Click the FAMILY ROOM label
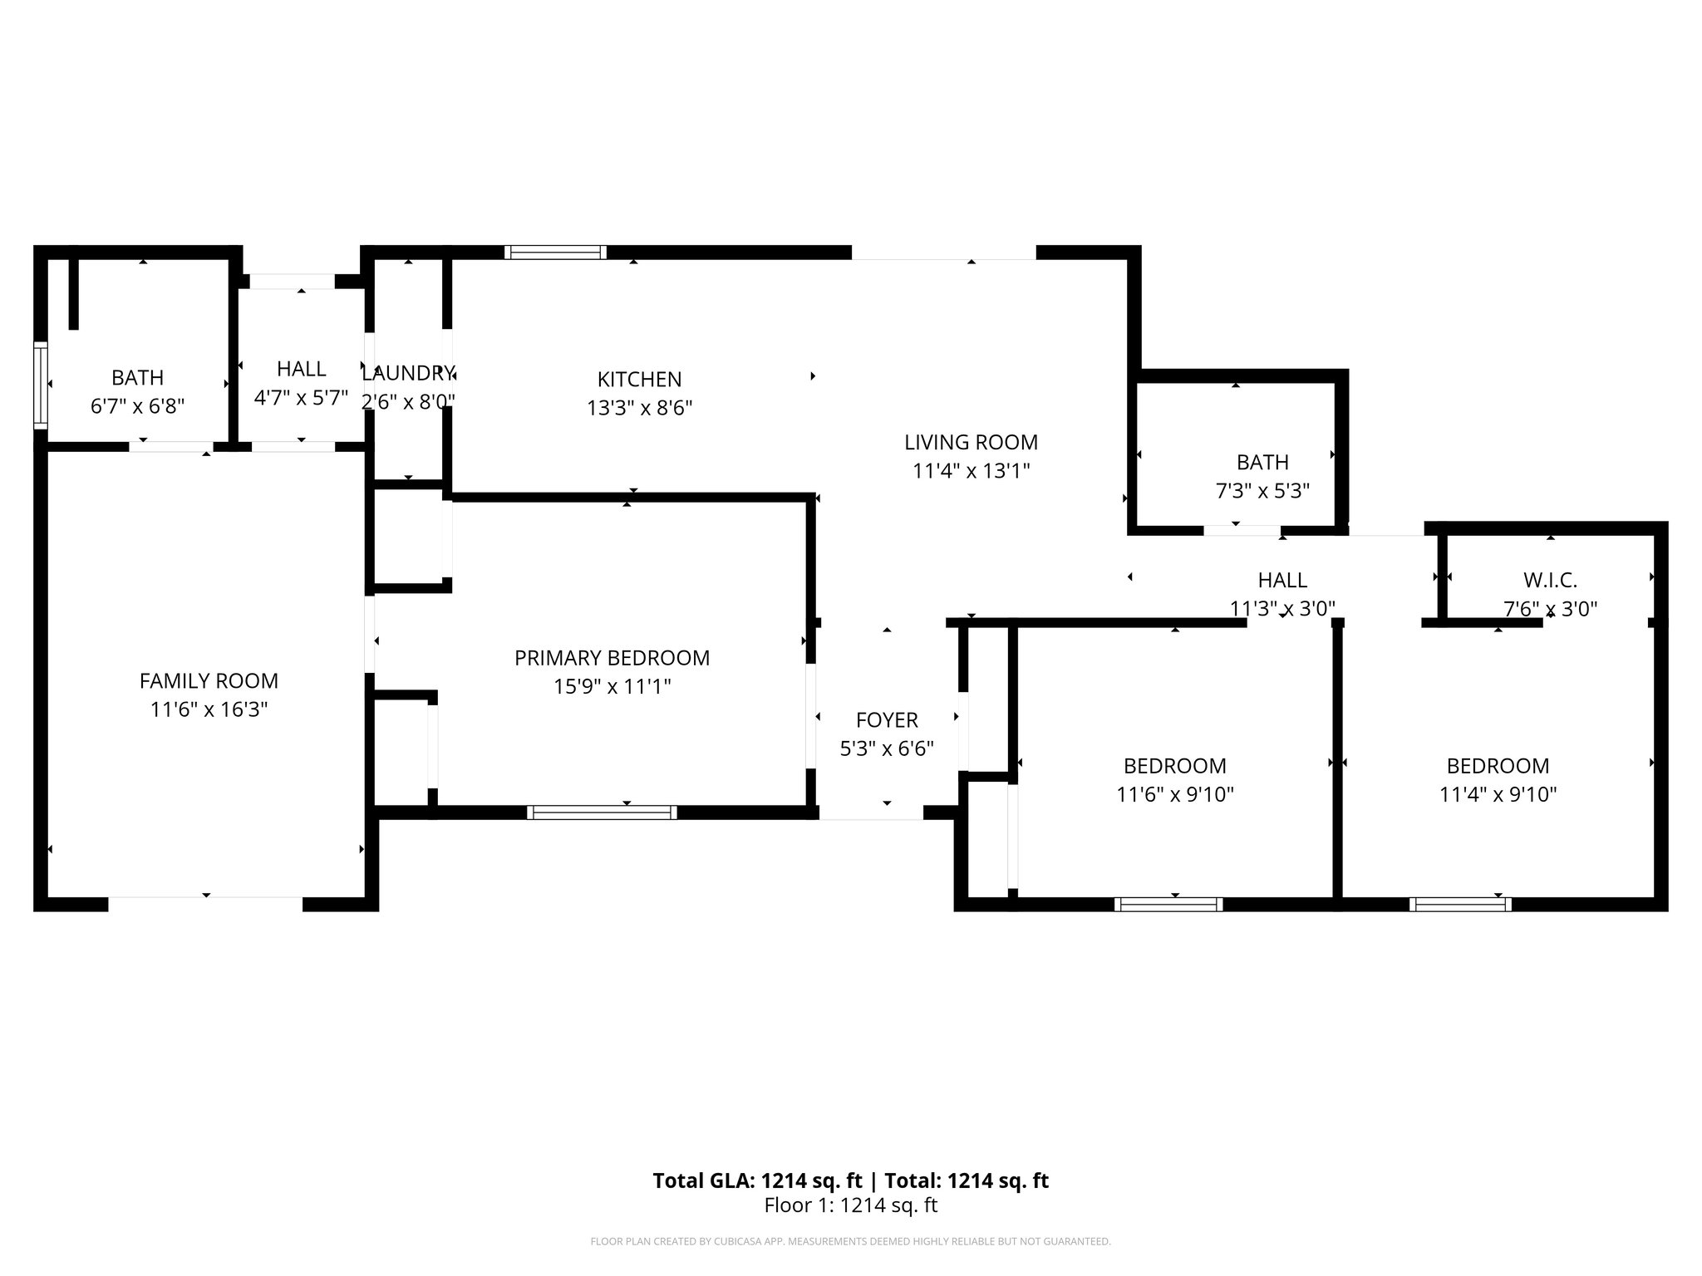click(209, 681)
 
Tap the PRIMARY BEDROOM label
click(612, 658)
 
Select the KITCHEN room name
click(639, 380)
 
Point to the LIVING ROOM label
click(971, 442)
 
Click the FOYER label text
click(887, 720)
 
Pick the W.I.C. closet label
click(1550, 580)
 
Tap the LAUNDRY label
click(407, 373)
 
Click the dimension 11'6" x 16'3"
click(209, 709)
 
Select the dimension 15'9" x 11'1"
click(612, 687)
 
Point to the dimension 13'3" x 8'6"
click(639, 408)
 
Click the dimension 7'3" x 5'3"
click(1262, 491)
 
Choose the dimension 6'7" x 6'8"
click(137, 406)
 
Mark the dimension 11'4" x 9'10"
click(1498, 794)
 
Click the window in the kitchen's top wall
click(555, 253)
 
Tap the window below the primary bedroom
click(602, 812)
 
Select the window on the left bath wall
click(40, 385)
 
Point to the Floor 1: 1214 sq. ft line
click(850, 1205)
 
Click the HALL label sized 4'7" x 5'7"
click(301, 369)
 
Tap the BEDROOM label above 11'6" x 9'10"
click(1174, 766)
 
